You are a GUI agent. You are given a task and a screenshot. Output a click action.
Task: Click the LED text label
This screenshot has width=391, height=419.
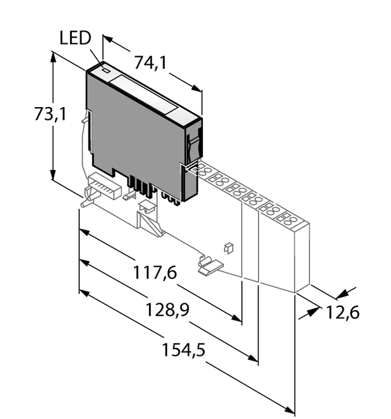[75, 39]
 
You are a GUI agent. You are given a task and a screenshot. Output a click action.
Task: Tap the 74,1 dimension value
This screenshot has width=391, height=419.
[151, 63]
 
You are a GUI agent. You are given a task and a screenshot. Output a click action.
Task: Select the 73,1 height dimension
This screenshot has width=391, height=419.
[50, 114]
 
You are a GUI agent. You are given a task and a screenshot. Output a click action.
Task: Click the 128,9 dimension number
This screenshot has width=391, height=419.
[168, 308]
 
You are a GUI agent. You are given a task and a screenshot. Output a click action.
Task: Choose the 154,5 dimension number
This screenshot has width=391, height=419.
[184, 350]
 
